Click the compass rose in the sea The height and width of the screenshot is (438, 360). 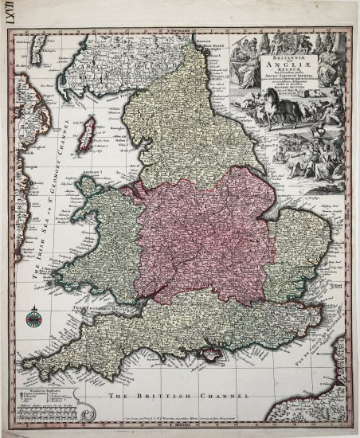(x=33, y=320)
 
